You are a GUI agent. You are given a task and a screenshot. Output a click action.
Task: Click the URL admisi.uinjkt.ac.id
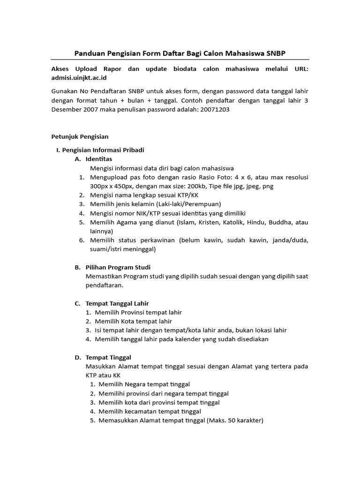point(79,77)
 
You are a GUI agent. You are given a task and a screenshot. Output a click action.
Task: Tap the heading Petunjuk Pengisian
point(79,137)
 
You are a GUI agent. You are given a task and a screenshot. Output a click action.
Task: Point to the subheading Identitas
point(99,159)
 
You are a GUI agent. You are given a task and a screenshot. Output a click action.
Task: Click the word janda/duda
point(289,240)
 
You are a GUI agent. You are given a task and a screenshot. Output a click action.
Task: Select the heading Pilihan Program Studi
point(118,267)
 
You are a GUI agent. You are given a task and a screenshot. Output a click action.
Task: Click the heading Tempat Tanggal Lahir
point(117,303)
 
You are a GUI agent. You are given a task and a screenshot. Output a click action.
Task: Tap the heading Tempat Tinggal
point(108,357)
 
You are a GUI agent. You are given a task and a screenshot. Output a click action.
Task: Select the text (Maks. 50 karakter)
point(235,420)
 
